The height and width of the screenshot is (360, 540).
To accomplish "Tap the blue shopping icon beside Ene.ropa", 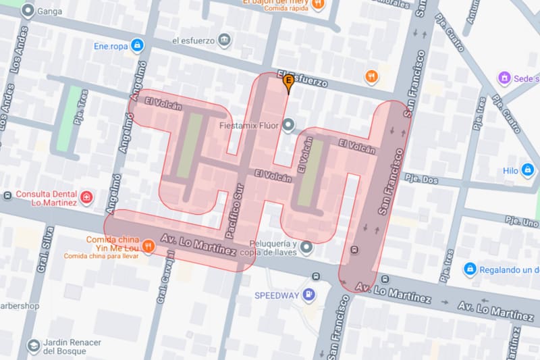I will pyautogui.click(x=137, y=45).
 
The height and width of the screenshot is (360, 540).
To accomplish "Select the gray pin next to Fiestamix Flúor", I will pyautogui.click(x=289, y=125).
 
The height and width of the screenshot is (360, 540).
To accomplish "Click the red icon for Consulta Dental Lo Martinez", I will pyautogui.click(x=86, y=197).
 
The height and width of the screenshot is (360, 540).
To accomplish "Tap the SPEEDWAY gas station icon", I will pyautogui.click(x=308, y=294).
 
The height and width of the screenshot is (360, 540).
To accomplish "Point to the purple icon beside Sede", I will pyautogui.click(x=504, y=78).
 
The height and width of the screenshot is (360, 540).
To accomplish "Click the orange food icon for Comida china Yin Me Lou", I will pyautogui.click(x=148, y=247).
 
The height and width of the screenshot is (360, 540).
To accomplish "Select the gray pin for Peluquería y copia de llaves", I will pyautogui.click(x=307, y=248).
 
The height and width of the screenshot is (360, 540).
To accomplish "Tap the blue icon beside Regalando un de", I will pyautogui.click(x=470, y=269).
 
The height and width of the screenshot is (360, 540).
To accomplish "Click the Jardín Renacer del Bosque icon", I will pyautogui.click(x=32, y=346).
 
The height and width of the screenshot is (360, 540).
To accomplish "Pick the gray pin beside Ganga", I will pyautogui.click(x=28, y=10).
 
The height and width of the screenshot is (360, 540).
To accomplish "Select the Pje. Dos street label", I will pyautogui.click(x=421, y=179).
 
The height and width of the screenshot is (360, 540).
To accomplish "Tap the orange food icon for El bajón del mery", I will pyautogui.click(x=318, y=3).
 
